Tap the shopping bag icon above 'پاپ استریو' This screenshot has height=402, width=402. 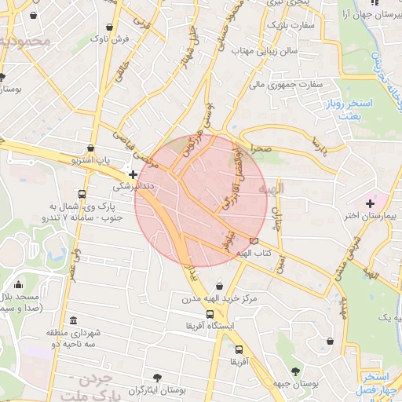point(93,148)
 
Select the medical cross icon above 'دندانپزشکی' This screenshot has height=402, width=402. point(133,174)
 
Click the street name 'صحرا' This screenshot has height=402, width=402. point(261,147)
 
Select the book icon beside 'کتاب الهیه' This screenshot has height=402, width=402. point(253,241)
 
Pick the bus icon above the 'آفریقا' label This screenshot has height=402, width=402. point(239,350)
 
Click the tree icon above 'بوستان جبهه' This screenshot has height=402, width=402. point(295,371)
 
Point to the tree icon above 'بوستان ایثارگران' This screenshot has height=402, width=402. point(159,378)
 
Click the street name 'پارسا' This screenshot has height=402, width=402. point(318,146)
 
